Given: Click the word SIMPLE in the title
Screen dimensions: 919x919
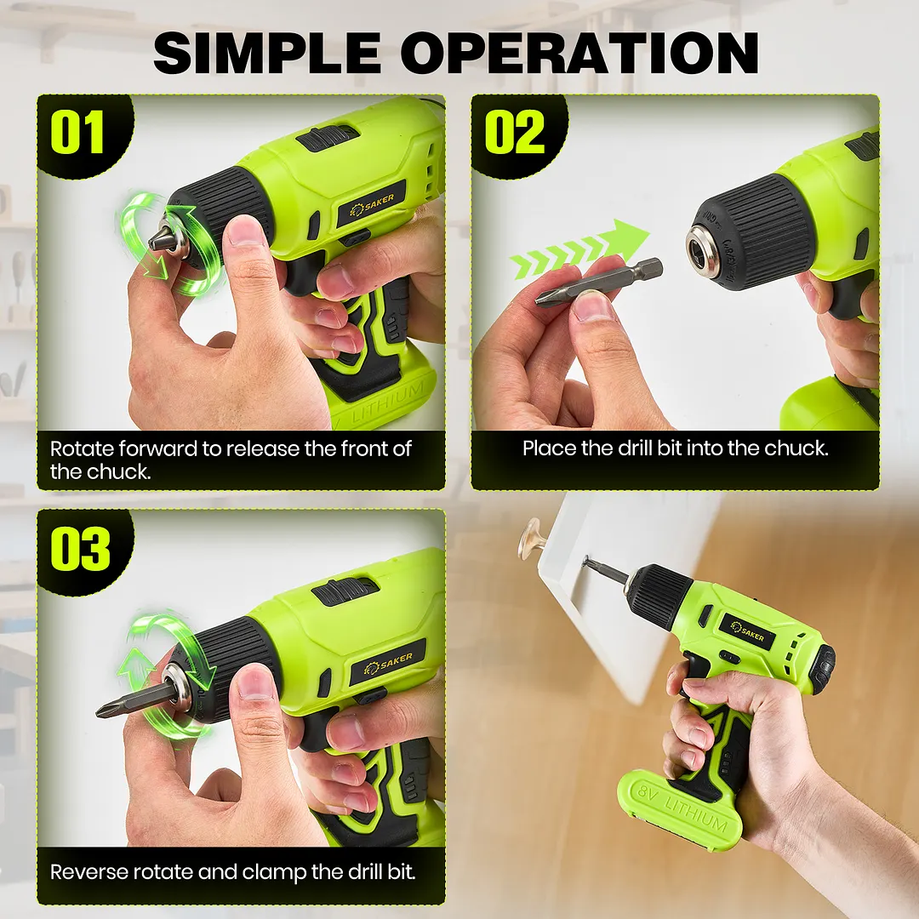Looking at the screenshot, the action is (267, 53).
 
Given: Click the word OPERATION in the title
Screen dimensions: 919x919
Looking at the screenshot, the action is (580, 53).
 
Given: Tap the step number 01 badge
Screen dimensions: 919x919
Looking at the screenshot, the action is (77, 133).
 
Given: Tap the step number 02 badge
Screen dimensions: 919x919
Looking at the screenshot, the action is (515, 133).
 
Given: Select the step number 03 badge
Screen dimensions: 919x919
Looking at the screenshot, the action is (80, 549).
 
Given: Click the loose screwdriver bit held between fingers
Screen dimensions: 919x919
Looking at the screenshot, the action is (598, 281).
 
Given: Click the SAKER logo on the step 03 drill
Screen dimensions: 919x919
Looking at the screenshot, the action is (388, 664).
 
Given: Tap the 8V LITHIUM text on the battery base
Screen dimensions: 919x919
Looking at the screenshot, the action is (682, 808).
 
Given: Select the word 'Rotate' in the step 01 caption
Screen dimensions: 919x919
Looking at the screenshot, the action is (82, 449).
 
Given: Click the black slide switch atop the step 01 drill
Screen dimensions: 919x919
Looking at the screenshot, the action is (327, 138).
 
